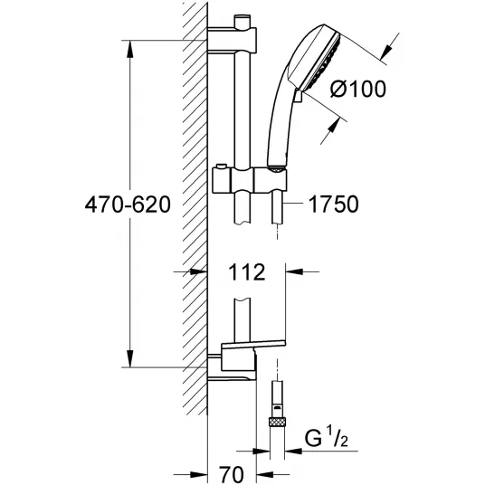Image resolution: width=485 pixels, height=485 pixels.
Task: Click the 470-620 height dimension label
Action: click(x=128, y=204)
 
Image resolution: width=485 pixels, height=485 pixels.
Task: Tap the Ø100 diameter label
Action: click(x=358, y=89)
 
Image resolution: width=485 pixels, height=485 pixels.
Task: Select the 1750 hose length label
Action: click(x=334, y=204)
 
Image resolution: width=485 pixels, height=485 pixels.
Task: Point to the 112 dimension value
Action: click(x=247, y=272)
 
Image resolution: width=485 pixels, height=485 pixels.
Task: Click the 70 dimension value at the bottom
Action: click(x=232, y=474)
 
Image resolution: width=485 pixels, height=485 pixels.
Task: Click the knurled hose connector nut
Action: click(x=278, y=422)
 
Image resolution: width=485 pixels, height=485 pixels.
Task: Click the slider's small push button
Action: click(x=221, y=167)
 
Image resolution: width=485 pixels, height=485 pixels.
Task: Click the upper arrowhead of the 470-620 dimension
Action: click(x=130, y=49)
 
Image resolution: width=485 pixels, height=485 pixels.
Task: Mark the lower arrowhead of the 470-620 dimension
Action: click(x=130, y=359)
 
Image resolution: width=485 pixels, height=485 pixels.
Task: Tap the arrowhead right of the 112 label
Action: click(x=294, y=271)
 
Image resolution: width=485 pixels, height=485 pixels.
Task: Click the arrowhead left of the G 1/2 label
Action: click(x=293, y=452)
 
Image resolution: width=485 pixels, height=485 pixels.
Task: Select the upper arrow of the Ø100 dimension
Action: click(x=386, y=52)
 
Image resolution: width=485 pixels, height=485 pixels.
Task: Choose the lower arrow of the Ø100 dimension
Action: click(x=333, y=128)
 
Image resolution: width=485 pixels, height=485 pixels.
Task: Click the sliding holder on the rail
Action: click(x=250, y=180)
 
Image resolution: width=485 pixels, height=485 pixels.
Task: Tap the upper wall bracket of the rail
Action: click(x=232, y=40)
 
